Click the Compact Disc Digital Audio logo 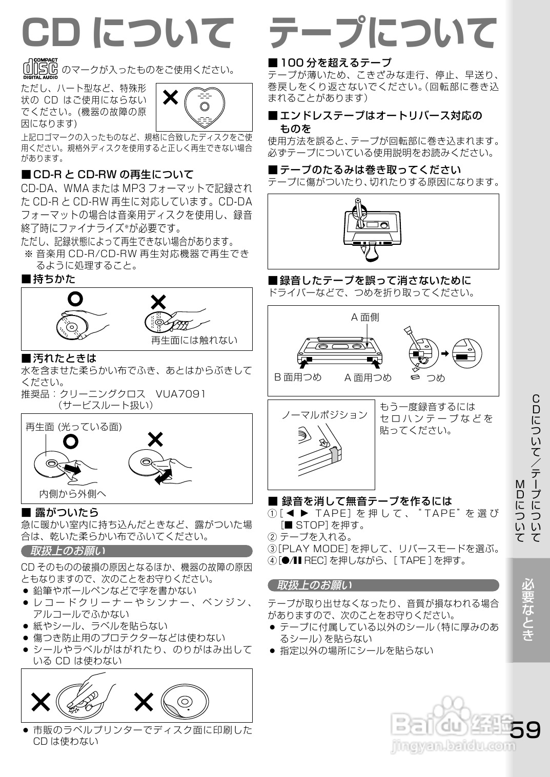click(x=40, y=69)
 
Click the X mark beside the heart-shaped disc click(x=170, y=97)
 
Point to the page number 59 click(x=525, y=730)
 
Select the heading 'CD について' click(x=127, y=33)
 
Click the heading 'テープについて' click(x=382, y=33)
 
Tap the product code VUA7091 click(x=180, y=394)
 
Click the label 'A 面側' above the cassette click(x=364, y=318)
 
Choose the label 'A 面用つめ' click(x=368, y=378)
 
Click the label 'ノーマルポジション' click(x=324, y=415)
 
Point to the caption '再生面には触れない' click(x=194, y=340)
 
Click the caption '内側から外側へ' click(x=73, y=494)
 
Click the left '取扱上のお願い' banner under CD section click(x=136, y=551)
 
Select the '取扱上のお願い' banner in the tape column click(x=382, y=585)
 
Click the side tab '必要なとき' click(x=528, y=610)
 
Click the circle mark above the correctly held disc click(x=76, y=299)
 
